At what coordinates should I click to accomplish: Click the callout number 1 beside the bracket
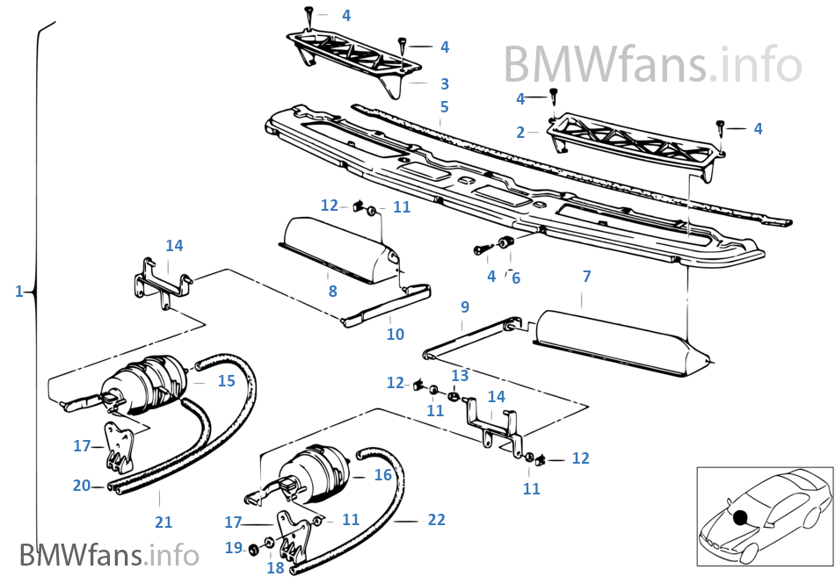tap(18, 291)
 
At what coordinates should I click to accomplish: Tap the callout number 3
tap(445, 84)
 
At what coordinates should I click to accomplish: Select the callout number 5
tap(445, 107)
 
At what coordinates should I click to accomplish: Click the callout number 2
tap(520, 133)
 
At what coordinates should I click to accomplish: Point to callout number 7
tap(586, 278)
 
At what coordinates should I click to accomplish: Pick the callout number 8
tap(332, 291)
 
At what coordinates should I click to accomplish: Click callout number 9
tap(465, 307)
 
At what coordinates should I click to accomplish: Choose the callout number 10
tap(396, 334)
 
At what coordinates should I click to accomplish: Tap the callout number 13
tap(460, 376)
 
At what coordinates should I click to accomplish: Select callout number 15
tap(226, 380)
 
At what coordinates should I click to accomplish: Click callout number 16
tap(382, 475)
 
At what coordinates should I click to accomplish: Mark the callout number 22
tap(436, 520)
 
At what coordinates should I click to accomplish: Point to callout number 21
tap(163, 523)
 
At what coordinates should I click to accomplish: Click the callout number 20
tap(82, 485)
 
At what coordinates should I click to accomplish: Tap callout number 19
tap(233, 548)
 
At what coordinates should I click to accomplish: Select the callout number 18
tap(275, 568)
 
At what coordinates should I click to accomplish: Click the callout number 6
tap(516, 278)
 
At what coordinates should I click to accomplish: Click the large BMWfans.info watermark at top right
tap(652, 63)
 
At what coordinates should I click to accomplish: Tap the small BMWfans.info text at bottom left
tap(109, 556)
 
